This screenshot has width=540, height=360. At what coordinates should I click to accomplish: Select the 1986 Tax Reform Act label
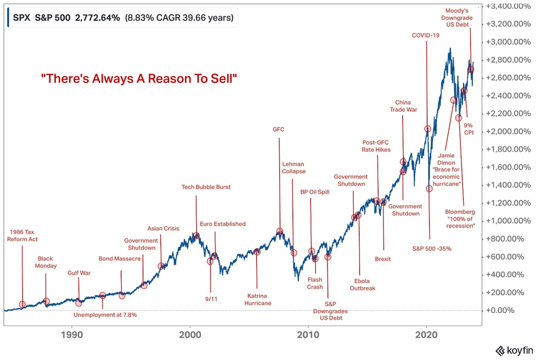coord(22,235)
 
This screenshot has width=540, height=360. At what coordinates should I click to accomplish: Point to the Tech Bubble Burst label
coord(206,187)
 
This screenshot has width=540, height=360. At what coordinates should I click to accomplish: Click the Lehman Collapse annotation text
coord(294,168)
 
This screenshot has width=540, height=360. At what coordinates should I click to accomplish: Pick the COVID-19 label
coord(426,35)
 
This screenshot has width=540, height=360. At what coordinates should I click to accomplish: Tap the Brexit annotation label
coord(383,259)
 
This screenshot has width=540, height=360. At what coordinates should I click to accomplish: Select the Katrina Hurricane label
coord(258,299)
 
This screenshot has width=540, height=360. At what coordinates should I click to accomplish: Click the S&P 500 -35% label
coord(432,249)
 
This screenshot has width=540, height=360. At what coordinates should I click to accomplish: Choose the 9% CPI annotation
coord(469,129)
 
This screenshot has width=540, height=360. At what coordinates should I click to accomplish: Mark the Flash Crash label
coord(315,284)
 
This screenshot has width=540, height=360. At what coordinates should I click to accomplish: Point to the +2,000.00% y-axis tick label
coord(505,131)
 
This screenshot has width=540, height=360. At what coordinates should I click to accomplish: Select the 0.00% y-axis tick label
coord(507,310)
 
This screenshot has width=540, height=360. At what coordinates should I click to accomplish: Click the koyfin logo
coord(515,350)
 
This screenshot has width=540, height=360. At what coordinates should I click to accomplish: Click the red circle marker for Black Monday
coord(47,301)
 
